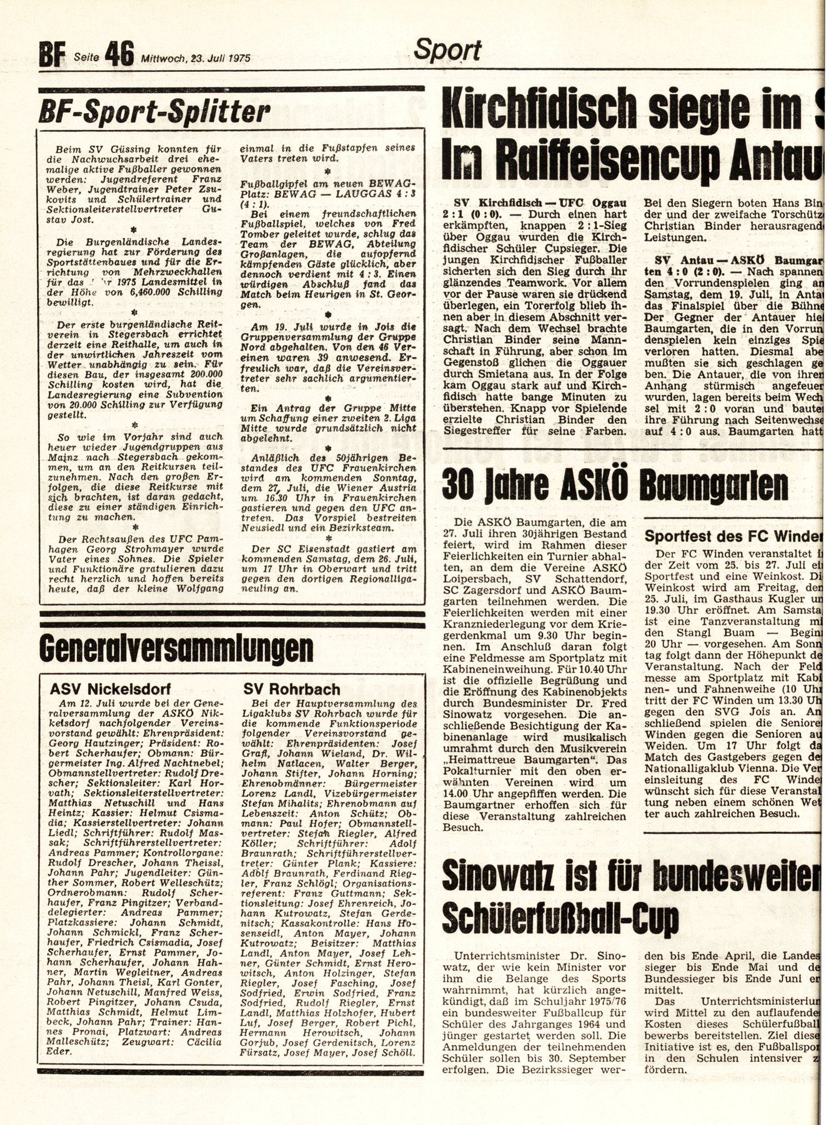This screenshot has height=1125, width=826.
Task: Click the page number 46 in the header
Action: click(120, 57)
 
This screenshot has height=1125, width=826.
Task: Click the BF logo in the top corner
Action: click(52, 58)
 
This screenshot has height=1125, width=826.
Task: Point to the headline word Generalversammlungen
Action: click(176, 649)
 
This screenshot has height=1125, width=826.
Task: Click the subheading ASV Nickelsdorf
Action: click(108, 690)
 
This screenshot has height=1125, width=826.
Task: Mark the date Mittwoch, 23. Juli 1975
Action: click(195, 59)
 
